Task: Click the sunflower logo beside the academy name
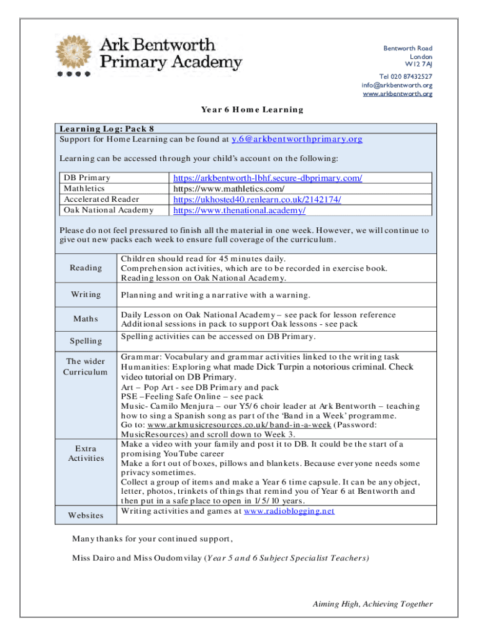[76, 55]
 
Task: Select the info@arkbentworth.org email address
[397, 85]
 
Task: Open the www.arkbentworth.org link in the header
[397, 94]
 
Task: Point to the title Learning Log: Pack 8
[106, 129]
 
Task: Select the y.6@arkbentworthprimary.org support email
[297, 139]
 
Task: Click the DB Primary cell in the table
[88, 178]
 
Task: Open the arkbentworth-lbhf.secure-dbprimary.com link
[268, 178]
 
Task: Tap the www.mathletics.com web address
[229, 189]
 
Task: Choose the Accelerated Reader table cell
[101, 199]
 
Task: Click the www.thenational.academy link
[239, 211]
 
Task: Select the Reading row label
[86, 268]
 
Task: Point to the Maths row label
[86, 320]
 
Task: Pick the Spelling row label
[86, 341]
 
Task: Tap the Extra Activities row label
[86, 453]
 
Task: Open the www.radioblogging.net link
[289, 511]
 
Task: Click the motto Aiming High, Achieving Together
[372, 604]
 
